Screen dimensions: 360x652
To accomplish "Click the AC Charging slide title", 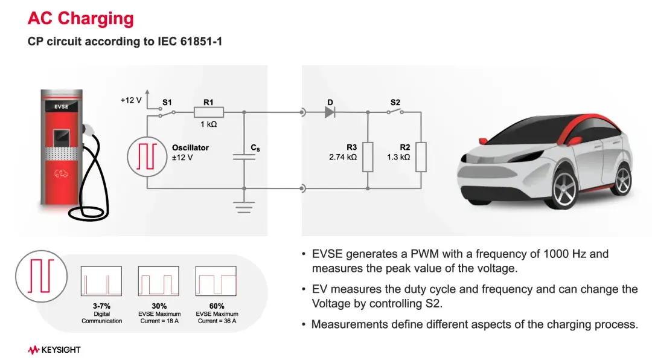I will (x=81, y=18).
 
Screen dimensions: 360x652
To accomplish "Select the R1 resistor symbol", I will (x=208, y=112).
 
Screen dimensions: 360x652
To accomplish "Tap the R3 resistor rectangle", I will (x=368, y=157).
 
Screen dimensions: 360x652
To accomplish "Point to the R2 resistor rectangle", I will (x=421, y=157).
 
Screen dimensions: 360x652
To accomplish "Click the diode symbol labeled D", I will (x=330, y=112).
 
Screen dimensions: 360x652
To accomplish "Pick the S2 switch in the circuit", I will (x=395, y=112).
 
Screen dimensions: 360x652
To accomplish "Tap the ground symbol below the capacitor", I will (x=244, y=207).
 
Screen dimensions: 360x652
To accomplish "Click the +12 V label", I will (x=131, y=100).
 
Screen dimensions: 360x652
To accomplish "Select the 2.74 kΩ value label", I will (x=343, y=157).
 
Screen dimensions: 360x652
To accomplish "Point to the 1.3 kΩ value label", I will (x=398, y=157).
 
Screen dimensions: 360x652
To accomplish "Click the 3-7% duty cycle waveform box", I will (x=101, y=281).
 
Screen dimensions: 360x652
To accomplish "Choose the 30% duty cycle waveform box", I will (x=159, y=281).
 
